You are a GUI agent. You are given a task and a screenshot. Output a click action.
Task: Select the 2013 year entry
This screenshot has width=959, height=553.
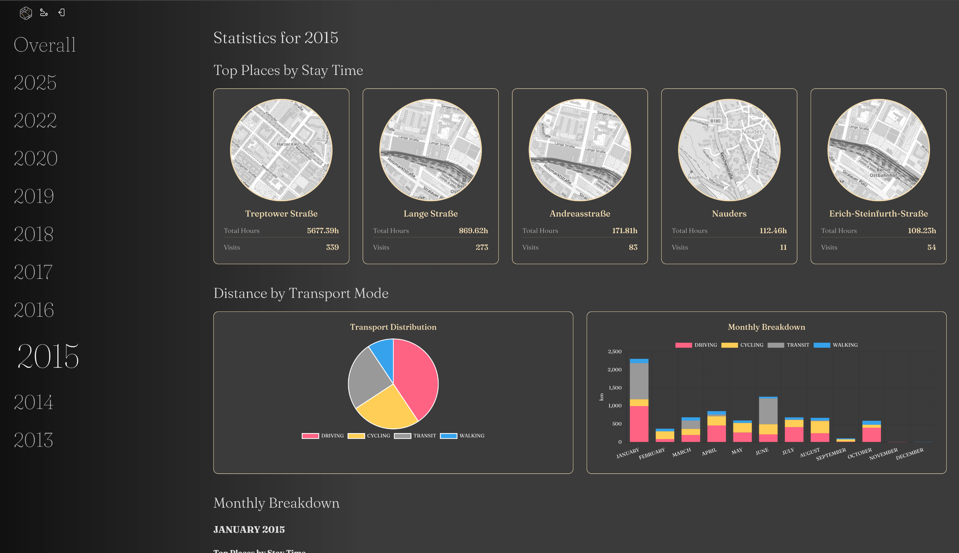tap(33, 440)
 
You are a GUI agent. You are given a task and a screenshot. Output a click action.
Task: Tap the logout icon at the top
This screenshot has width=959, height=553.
tap(62, 13)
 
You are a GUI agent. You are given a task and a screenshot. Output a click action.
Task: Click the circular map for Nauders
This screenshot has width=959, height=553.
tap(729, 150)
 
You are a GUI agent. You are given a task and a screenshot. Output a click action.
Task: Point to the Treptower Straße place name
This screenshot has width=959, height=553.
tap(281, 214)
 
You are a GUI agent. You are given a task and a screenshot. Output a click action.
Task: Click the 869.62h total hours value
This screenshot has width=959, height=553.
tap(473, 231)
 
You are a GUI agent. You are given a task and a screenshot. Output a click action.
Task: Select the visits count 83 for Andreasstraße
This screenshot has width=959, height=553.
tap(633, 247)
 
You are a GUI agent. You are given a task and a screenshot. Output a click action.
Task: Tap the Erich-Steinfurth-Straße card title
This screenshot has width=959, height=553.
tap(878, 214)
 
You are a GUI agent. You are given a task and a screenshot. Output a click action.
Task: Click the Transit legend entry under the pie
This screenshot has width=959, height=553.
tap(415, 436)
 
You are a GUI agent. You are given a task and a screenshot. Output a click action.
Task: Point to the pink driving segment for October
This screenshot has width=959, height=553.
tap(871, 434)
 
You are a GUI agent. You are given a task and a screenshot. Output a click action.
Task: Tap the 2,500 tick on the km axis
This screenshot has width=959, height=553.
tap(614, 352)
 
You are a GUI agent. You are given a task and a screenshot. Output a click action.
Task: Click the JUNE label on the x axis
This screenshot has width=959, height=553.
tap(762, 451)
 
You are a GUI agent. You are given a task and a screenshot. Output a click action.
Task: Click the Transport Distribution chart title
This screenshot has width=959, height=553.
tap(393, 327)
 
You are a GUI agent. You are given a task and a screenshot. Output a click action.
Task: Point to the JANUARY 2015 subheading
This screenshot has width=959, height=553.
tap(249, 529)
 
